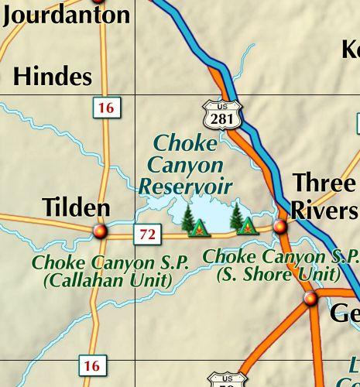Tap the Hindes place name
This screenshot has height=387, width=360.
53,77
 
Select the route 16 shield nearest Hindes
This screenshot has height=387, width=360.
105,108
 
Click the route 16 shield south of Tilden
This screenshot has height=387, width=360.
92,366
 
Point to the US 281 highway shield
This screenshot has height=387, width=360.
223,115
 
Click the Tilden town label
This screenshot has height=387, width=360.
76,207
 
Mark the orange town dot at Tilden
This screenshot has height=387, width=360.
99,231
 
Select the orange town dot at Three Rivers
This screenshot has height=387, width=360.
280,226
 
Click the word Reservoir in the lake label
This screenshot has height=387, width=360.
186,186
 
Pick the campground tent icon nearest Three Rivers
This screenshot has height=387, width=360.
247,226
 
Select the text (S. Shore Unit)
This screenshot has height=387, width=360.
278,273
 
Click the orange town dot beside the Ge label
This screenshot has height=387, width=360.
311,299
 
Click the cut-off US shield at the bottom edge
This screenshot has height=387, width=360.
228,380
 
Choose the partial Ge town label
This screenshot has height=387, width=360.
344,313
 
